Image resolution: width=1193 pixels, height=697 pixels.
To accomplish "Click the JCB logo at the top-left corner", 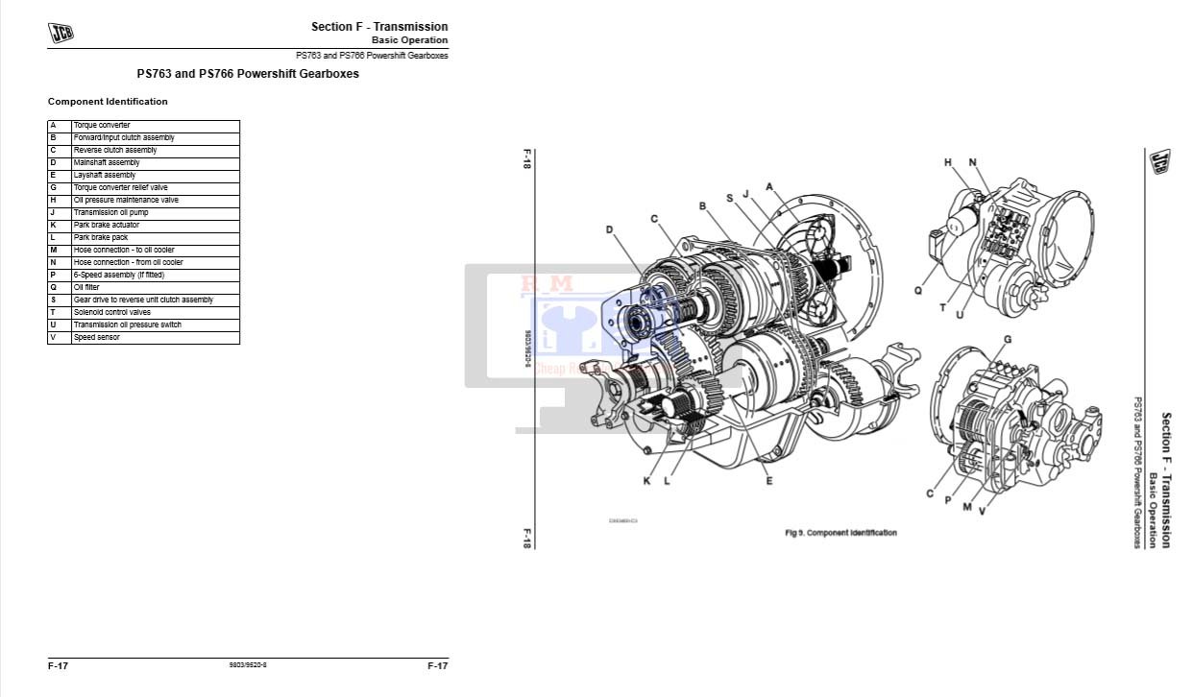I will click(61, 33).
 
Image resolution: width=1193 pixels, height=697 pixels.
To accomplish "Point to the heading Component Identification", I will click(108, 102).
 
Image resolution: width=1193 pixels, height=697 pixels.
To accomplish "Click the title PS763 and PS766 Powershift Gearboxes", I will click(248, 74).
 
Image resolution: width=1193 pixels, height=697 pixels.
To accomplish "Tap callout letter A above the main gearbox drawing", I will click(769, 186).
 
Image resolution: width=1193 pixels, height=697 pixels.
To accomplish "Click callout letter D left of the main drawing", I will click(609, 229).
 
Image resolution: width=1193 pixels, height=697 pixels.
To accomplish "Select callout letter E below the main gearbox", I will click(769, 481).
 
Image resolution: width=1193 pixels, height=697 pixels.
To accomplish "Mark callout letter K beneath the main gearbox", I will click(646, 481).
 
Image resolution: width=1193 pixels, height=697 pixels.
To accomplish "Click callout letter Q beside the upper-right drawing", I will click(918, 290).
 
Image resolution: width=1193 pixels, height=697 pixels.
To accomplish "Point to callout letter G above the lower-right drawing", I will click(1007, 340).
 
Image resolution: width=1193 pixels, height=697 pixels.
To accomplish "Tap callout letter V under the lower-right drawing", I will click(982, 511).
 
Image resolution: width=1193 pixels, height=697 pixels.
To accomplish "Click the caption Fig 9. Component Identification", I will click(840, 533).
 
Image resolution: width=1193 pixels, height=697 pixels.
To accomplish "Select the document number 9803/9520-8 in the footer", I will click(248, 665).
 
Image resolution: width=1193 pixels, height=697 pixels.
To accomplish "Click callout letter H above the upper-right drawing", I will click(947, 163).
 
